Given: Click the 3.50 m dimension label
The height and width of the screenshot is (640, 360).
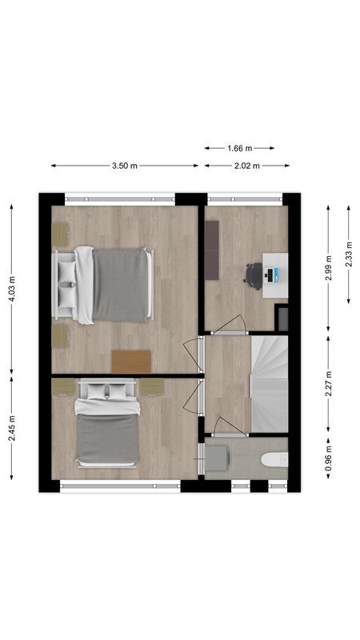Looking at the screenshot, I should tap(124, 166).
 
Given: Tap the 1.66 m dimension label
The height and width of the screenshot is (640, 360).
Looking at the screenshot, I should tap(240, 148).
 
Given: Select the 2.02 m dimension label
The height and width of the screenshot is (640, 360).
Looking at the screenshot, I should tap(247, 166).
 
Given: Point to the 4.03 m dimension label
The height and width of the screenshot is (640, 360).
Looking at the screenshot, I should tap(12, 286).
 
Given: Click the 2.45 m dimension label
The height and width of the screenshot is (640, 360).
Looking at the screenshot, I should tap(12, 429).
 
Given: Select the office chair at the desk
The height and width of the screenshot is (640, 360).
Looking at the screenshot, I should tap(254, 274).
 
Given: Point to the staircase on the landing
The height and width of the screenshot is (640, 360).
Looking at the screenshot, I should tap(269, 383).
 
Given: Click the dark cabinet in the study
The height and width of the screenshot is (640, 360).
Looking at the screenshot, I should tap(211, 250).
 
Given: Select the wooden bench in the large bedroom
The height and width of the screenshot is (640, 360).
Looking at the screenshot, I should tap(131, 361).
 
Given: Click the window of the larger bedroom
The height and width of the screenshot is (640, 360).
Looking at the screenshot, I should tap(120, 197).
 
